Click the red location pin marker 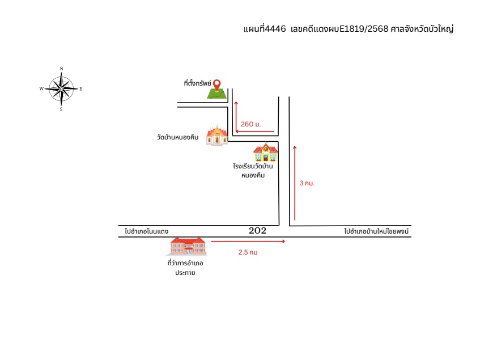pos(216,85)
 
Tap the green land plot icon pos(217,94)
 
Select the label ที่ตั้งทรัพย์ pos(197,83)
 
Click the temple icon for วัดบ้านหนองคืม pos(217,135)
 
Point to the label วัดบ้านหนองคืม pos(177,137)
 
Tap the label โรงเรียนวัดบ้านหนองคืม pos(253,171)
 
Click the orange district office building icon pos(186,247)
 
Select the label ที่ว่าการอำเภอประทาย pos(185,268)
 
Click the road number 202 pos(257,231)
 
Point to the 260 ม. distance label pos(250,124)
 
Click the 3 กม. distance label pos(307,183)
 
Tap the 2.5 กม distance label pos(248,252)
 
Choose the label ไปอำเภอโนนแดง pos(146,231)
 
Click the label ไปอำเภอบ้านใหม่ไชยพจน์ pos(376,231)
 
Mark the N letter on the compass pos(62,69)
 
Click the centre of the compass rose pos(62,89)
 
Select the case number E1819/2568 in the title pos(364,29)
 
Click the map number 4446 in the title pos(275,29)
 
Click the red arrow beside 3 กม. pos(295,183)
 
